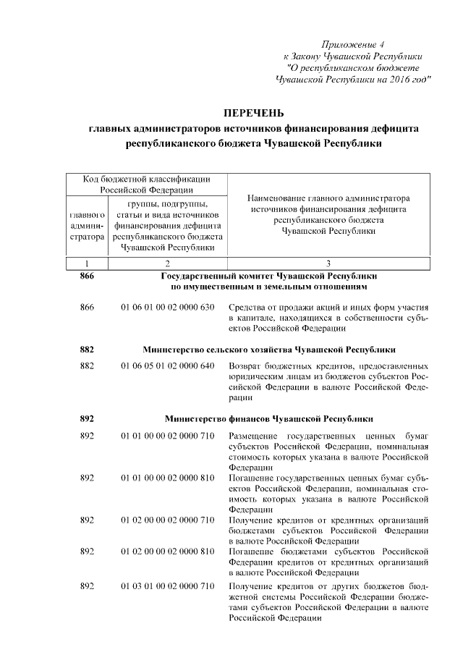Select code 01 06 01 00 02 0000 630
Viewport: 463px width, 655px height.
click(167, 308)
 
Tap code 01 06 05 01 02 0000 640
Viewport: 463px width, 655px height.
click(167, 366)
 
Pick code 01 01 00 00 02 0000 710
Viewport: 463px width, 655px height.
click(167, 436)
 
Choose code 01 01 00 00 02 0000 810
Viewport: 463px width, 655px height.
click(167, 478)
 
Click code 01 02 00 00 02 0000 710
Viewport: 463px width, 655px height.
click(167, 520)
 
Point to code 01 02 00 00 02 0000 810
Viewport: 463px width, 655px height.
click(167, 551)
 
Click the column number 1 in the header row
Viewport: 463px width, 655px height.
click(87, 263)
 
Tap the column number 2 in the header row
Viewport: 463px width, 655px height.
click(167, 263)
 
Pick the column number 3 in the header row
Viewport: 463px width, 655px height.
click(328, 263)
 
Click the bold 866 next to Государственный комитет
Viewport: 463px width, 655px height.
click(87, 276)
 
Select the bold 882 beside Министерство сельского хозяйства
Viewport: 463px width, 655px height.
click(87, 349)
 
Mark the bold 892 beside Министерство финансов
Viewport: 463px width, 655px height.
click(87, 418)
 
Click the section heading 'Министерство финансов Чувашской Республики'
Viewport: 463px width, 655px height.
click(268, 418)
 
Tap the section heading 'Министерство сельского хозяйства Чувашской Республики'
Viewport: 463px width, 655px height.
click(268, 349)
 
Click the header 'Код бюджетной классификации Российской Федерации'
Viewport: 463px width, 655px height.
click(146, 184)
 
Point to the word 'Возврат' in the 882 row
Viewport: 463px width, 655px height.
click(245, 366)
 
